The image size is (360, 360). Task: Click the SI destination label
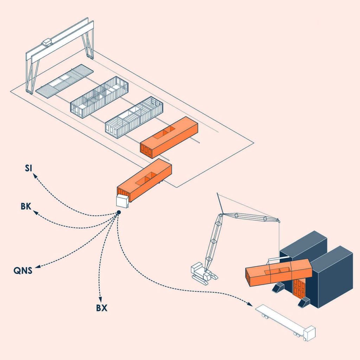point(28,168)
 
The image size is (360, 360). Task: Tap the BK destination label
point(26,206)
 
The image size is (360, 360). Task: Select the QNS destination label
point(23,270)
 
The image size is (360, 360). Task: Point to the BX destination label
point(102,308)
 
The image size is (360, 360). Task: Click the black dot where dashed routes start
point(119,212)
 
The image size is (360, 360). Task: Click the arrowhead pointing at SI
point(35,176)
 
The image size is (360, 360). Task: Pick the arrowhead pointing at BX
point(100,299)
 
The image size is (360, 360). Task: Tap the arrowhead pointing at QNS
point(37,267)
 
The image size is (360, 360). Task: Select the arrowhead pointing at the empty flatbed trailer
point(250,304)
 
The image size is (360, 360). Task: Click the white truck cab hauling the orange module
point(123,201)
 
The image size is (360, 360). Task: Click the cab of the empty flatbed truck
point(309,333)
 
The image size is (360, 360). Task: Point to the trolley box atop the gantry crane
point(47,42)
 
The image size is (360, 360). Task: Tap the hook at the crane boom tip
point(278,221)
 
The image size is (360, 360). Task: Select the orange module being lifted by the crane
point(278,272)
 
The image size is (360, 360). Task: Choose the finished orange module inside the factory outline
point(169,137)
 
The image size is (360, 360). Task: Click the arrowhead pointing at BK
point(36,212)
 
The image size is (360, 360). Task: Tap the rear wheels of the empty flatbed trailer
point(265,317)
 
